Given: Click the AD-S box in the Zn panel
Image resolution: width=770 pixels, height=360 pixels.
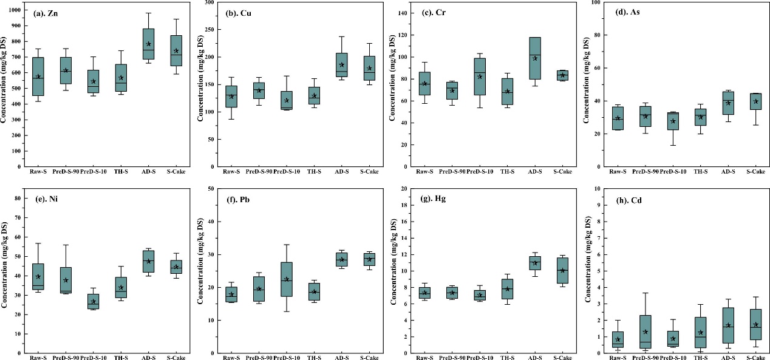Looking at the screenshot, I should (149, 44).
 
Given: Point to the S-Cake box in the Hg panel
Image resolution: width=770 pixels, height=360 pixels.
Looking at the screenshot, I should (562, 271).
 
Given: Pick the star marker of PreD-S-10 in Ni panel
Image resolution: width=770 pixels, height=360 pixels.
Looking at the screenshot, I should (94, 302).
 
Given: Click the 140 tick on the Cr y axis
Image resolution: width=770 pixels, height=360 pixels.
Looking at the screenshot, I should (400, 13).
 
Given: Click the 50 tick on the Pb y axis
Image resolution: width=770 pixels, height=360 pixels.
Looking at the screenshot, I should (208, 189).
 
